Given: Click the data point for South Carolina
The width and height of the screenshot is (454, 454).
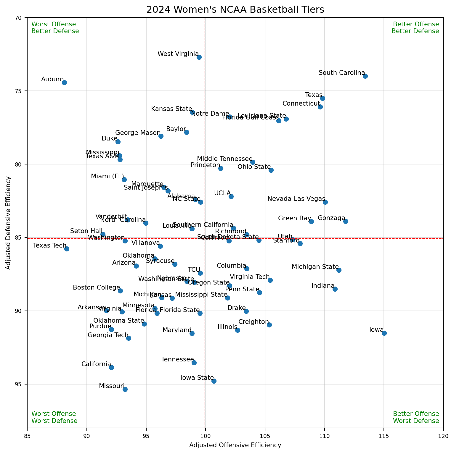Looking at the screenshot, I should [x=365, y=76].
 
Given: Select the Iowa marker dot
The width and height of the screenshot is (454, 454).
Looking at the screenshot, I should [x=384, y=333].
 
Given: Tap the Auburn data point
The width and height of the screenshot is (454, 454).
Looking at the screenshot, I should [x=64, y=83].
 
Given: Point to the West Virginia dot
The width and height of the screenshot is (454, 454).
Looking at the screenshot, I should [x=199, y=57].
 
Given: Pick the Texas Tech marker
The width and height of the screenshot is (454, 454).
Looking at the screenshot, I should [x=67, y=249].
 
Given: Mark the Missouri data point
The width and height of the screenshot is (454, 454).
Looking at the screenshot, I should [x=125, y=389].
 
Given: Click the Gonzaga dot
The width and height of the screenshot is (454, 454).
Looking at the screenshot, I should [x=346, y=221].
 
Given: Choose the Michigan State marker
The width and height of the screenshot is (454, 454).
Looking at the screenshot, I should [x=339, y=270].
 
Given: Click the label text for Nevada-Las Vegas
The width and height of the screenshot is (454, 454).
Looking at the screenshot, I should [x=296, y=199].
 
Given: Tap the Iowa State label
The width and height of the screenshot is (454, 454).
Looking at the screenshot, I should [x=197, y=378].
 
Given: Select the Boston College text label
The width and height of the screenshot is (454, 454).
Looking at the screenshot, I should [x=97, y=287].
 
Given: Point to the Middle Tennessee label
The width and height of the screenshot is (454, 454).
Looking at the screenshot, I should [x=225, y=159].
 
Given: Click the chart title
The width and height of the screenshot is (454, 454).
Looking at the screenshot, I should [x=235, y=10].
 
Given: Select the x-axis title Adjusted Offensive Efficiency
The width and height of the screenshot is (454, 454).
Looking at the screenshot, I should [x=235, y=445].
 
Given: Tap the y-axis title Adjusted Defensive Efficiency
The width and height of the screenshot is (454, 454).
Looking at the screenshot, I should [x=8, y=223].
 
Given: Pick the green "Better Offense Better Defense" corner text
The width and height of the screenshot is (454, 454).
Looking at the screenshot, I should [x=415, y=28].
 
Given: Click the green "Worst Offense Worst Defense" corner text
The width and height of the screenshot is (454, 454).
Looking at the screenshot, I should [x=54, y=417].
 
